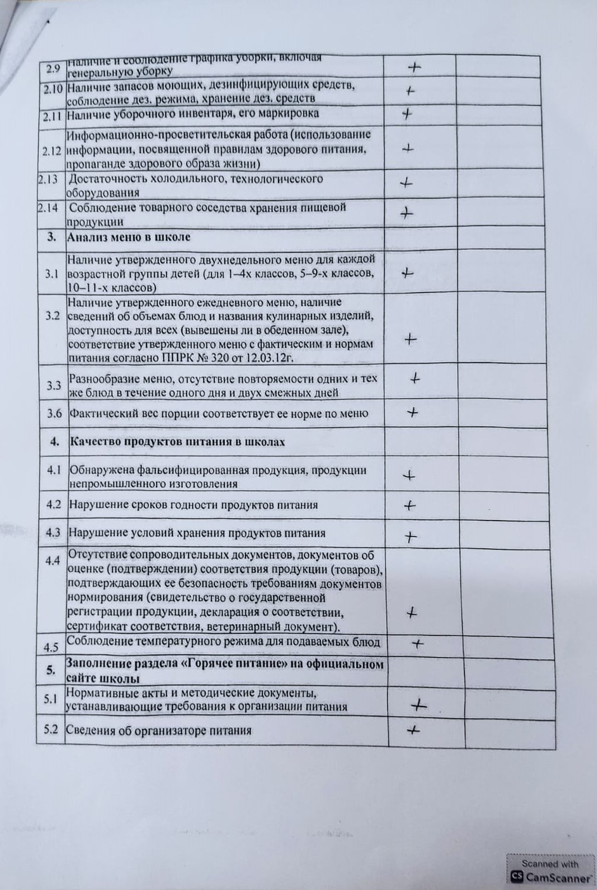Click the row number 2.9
click(53, 68)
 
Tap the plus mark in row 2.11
click(406, 114)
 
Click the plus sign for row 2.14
click(406, 213)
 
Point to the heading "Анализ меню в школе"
click(130, 237)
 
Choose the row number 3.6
click(54, 414)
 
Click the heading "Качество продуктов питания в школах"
click(177, 442)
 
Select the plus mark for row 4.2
click(409, 505)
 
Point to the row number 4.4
click(52, 561)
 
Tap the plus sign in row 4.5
click(417, 644)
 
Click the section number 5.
click(51, 670)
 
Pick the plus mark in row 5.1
click(418, 705)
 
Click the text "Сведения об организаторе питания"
click(158, 731)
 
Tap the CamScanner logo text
click(557, 878)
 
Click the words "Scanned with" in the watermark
click(550, 864)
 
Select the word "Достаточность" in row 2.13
click(104, 179)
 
